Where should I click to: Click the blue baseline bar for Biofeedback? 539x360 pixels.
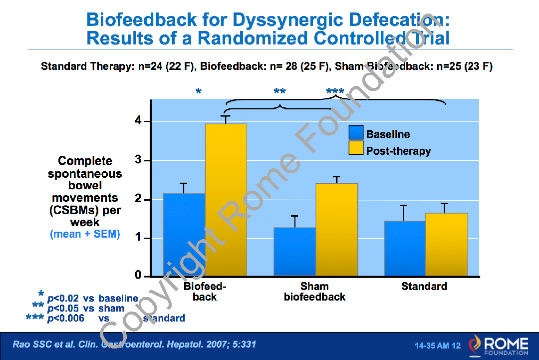click(184, 235)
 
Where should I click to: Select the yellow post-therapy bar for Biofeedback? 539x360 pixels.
click(226, 200)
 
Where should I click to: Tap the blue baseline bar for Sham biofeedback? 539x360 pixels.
click(294, 252)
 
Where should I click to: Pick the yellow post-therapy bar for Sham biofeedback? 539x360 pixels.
click(336, 230)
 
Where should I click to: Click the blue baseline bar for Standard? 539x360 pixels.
click(405, 248)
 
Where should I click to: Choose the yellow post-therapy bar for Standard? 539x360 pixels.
click(446, 245)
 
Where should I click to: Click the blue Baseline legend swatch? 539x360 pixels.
click(356, 133)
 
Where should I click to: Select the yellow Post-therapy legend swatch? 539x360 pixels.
click(356, 148)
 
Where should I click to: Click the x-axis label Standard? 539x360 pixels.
click(424, 287)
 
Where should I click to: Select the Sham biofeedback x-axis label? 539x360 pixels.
click(314, 292)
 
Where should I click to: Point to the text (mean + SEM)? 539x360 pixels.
click(85, 234)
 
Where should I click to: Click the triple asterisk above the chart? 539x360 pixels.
click(335, 92)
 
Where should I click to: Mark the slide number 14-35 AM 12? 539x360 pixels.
click(438, 346)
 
